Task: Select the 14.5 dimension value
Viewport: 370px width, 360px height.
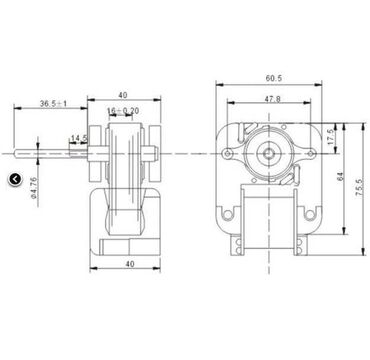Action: coord(78,139)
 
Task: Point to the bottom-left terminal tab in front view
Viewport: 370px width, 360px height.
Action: coord(240,243)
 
